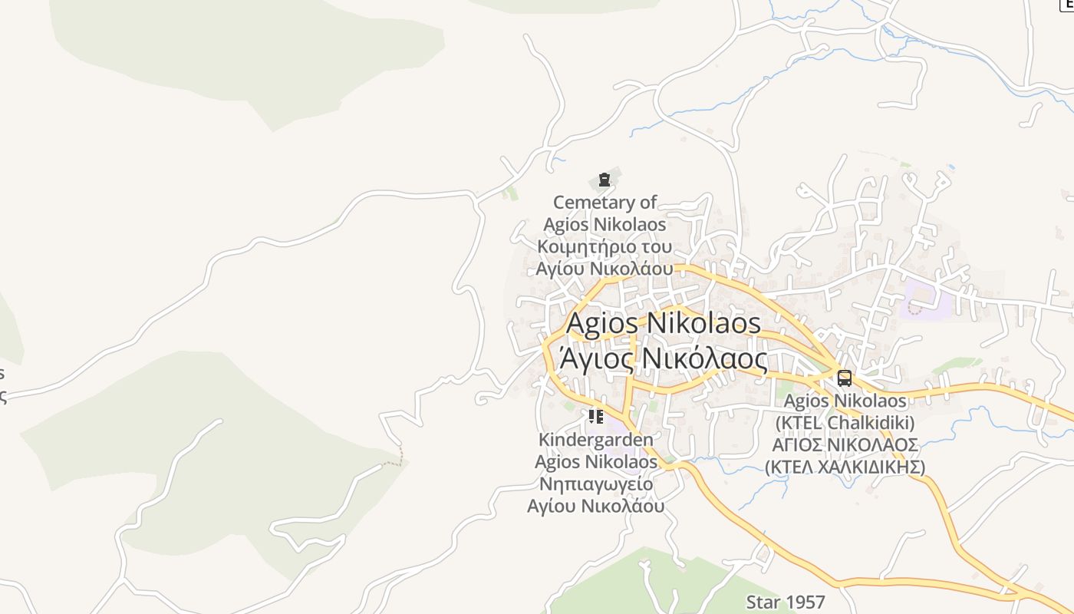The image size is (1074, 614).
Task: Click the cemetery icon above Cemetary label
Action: (x=605, y=180)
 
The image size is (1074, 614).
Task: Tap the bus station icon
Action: (x=845, y=378)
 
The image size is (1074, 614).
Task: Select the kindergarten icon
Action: (x=596, y=417)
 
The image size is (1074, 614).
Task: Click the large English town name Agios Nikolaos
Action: (x=664, y=323)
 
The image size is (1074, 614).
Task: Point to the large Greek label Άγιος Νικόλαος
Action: (x=664, y=358)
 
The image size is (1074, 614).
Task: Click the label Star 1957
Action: (x=786, y=602)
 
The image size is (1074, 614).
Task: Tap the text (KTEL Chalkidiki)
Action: (x=845, y=423)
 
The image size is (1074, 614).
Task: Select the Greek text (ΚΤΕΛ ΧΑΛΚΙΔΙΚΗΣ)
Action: (x=845, y=467)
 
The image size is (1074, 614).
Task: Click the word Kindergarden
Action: (x=596, y=440)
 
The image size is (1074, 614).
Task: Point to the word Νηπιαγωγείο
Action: (x=596, y=484)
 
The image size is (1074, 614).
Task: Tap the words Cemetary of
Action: (x=605, y=203)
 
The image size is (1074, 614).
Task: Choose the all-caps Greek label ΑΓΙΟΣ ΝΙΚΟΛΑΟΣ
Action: (x=845, y=445)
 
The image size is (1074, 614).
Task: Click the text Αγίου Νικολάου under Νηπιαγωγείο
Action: (x=596, y=507)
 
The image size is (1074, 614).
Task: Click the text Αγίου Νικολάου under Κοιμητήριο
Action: (x=605, y=269)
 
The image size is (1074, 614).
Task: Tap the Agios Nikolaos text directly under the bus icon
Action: (x=845, y=401)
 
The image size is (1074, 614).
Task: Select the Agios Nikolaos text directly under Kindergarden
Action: (x=596, y=462)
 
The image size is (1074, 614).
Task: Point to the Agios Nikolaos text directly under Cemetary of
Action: (x=605, y=225)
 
